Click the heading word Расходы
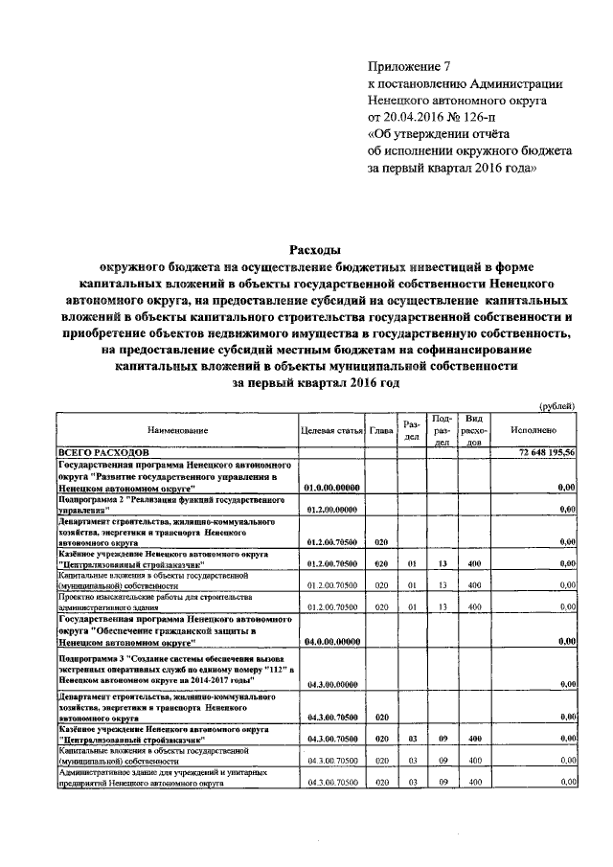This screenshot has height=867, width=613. pos(315,251)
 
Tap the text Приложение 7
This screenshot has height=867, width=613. pos(409,66)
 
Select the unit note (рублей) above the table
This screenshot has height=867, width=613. pos(557,405)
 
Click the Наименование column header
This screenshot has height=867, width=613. pos(177,431)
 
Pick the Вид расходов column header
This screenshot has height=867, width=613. pos(473,431)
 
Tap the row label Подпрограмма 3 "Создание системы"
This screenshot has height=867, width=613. pos(172,670)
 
